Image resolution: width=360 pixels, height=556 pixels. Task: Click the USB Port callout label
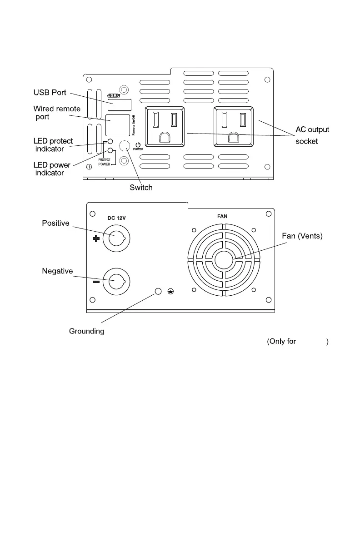tap(50, 93)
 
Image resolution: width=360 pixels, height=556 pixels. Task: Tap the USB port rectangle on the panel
tap(120, 105)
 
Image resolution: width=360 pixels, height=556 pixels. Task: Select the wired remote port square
tap(118, 125)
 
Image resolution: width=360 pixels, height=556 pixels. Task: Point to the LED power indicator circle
tap(110, 150)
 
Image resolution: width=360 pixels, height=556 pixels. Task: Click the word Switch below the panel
tap(141, 188)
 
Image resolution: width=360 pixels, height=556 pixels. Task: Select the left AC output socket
tap(164, 127)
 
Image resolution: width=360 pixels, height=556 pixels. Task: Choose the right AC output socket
tap(234, 127)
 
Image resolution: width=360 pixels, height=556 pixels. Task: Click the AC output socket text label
tap(312, 135)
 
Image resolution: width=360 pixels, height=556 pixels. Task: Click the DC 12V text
tap(116, 218)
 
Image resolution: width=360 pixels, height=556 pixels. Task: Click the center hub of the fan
tap(223, 260)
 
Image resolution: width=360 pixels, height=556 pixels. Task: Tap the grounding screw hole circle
tap(159, 291)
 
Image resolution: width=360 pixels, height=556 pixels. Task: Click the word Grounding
tap(86, 331)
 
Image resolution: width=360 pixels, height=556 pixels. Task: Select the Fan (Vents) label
tap(302, 236)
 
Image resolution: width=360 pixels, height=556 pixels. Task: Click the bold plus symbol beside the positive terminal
tap(96, 238)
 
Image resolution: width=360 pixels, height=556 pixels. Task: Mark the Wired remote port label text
tap(57, 113)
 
